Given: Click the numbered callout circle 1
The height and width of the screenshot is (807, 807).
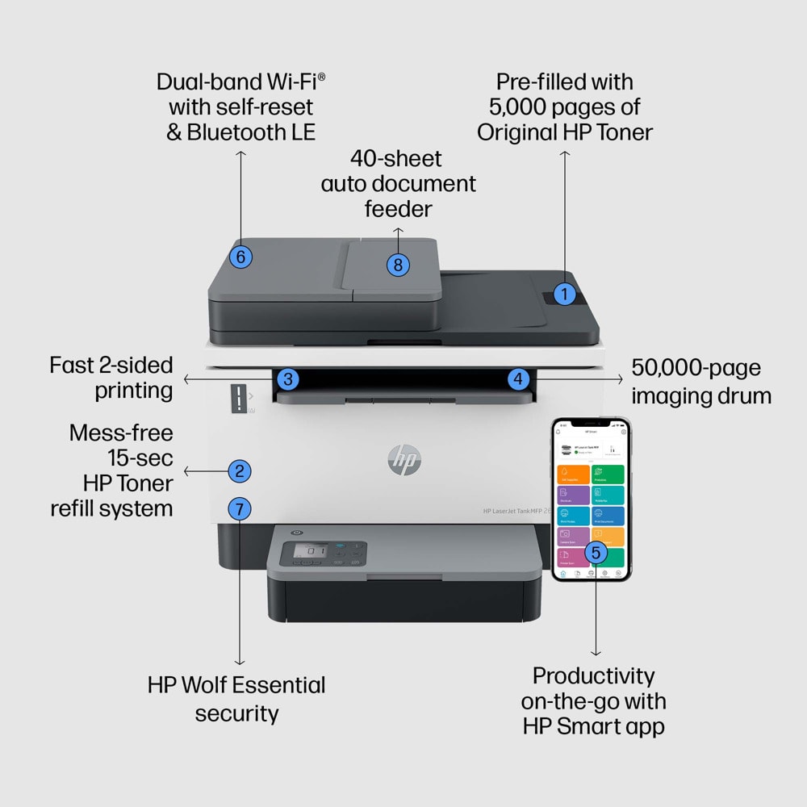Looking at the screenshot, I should click(x=565, y=295).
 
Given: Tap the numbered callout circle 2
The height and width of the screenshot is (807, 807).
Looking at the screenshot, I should click(x=239, y=470).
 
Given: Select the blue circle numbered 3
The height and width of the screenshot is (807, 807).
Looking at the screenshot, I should click(x=289, y=378).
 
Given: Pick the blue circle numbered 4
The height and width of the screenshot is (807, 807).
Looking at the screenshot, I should click(x=519, y=378).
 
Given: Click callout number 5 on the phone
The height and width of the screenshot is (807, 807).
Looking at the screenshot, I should click(x=596, y=552).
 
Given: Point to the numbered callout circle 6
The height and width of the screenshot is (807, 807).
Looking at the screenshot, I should click(x=240, y=257).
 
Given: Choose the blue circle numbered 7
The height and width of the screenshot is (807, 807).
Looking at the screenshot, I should click(x=239, y=508).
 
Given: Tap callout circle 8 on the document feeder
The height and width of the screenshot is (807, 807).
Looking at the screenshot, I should click(x=398, y=264).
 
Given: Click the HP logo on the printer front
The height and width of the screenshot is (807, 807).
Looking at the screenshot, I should click(x=404, y=460).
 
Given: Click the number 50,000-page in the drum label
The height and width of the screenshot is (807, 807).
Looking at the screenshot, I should click(x=696, y=369).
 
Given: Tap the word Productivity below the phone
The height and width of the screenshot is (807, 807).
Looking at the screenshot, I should click(x=593, y=675).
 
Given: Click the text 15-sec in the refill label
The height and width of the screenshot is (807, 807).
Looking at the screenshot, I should click(x=140, y=458).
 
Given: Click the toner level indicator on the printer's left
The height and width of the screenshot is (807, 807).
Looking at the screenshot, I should click(x=240, y=397).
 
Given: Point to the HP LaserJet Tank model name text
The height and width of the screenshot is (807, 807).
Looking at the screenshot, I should click(x=516, y=511).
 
